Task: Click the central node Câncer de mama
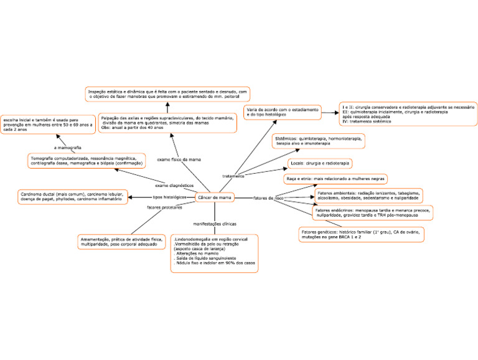pos(215,197)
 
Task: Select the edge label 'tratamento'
pos(233,176)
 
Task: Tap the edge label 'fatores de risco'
pos(268,198)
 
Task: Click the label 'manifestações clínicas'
pos(214,223)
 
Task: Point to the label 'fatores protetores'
pos(164,207)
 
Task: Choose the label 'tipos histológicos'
pos(169,197)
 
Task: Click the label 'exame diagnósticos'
pos(174,186)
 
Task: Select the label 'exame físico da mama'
pos(179,159)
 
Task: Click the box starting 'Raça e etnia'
pos(335,179)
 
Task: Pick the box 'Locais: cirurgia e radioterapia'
pos(320,163)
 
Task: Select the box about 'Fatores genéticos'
pos(361,234)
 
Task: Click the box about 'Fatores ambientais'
pos(369,196)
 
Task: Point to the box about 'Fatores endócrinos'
pos(372,213)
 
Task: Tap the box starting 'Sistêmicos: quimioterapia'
pos(318,141)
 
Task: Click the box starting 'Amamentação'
pos(121,242)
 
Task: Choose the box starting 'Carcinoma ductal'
pos(72,197)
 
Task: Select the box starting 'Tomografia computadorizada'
pos(87,161)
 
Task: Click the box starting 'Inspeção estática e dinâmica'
pos(167,94)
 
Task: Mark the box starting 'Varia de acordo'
pos(282,112)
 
